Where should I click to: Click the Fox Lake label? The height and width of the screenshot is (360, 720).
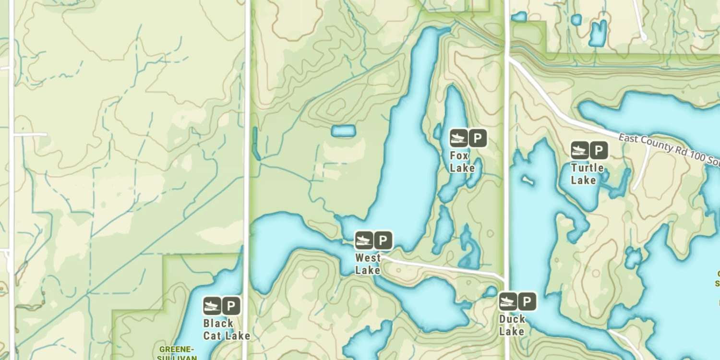click(x=462, y=162)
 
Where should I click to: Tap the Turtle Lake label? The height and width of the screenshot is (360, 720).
click(x=587, y=174)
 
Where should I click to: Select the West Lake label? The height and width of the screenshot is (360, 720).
click(x=368, y=264)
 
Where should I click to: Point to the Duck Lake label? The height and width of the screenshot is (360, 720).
click(x=512, y=325)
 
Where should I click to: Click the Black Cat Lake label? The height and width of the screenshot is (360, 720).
click(x=226, y=329)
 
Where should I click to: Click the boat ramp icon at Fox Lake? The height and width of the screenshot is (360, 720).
click(x=458, y=138)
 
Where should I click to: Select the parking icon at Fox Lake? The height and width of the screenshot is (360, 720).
click(x=478, y=138)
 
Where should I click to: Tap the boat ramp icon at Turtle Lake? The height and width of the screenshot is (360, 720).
click(x=579, y=151)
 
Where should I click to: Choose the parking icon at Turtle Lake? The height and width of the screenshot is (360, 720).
click(x=599, y=151)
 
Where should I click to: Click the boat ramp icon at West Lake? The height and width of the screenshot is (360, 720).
click(x=364, y=240)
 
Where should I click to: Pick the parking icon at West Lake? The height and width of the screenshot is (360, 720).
click(x=383, y=240)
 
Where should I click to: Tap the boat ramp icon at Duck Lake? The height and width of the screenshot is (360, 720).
click(x=508, y=301)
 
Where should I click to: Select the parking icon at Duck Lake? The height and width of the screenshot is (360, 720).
click(x=527, y=301)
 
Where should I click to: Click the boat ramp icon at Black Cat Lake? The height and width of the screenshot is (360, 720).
click(x=212, y=306)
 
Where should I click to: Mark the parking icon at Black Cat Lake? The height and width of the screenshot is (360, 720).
click(x=231, y=306)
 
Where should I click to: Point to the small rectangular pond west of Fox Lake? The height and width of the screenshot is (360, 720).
click(x=344, y=131)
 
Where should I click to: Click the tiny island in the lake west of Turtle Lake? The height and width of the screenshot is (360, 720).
click(x=528, y=181)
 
